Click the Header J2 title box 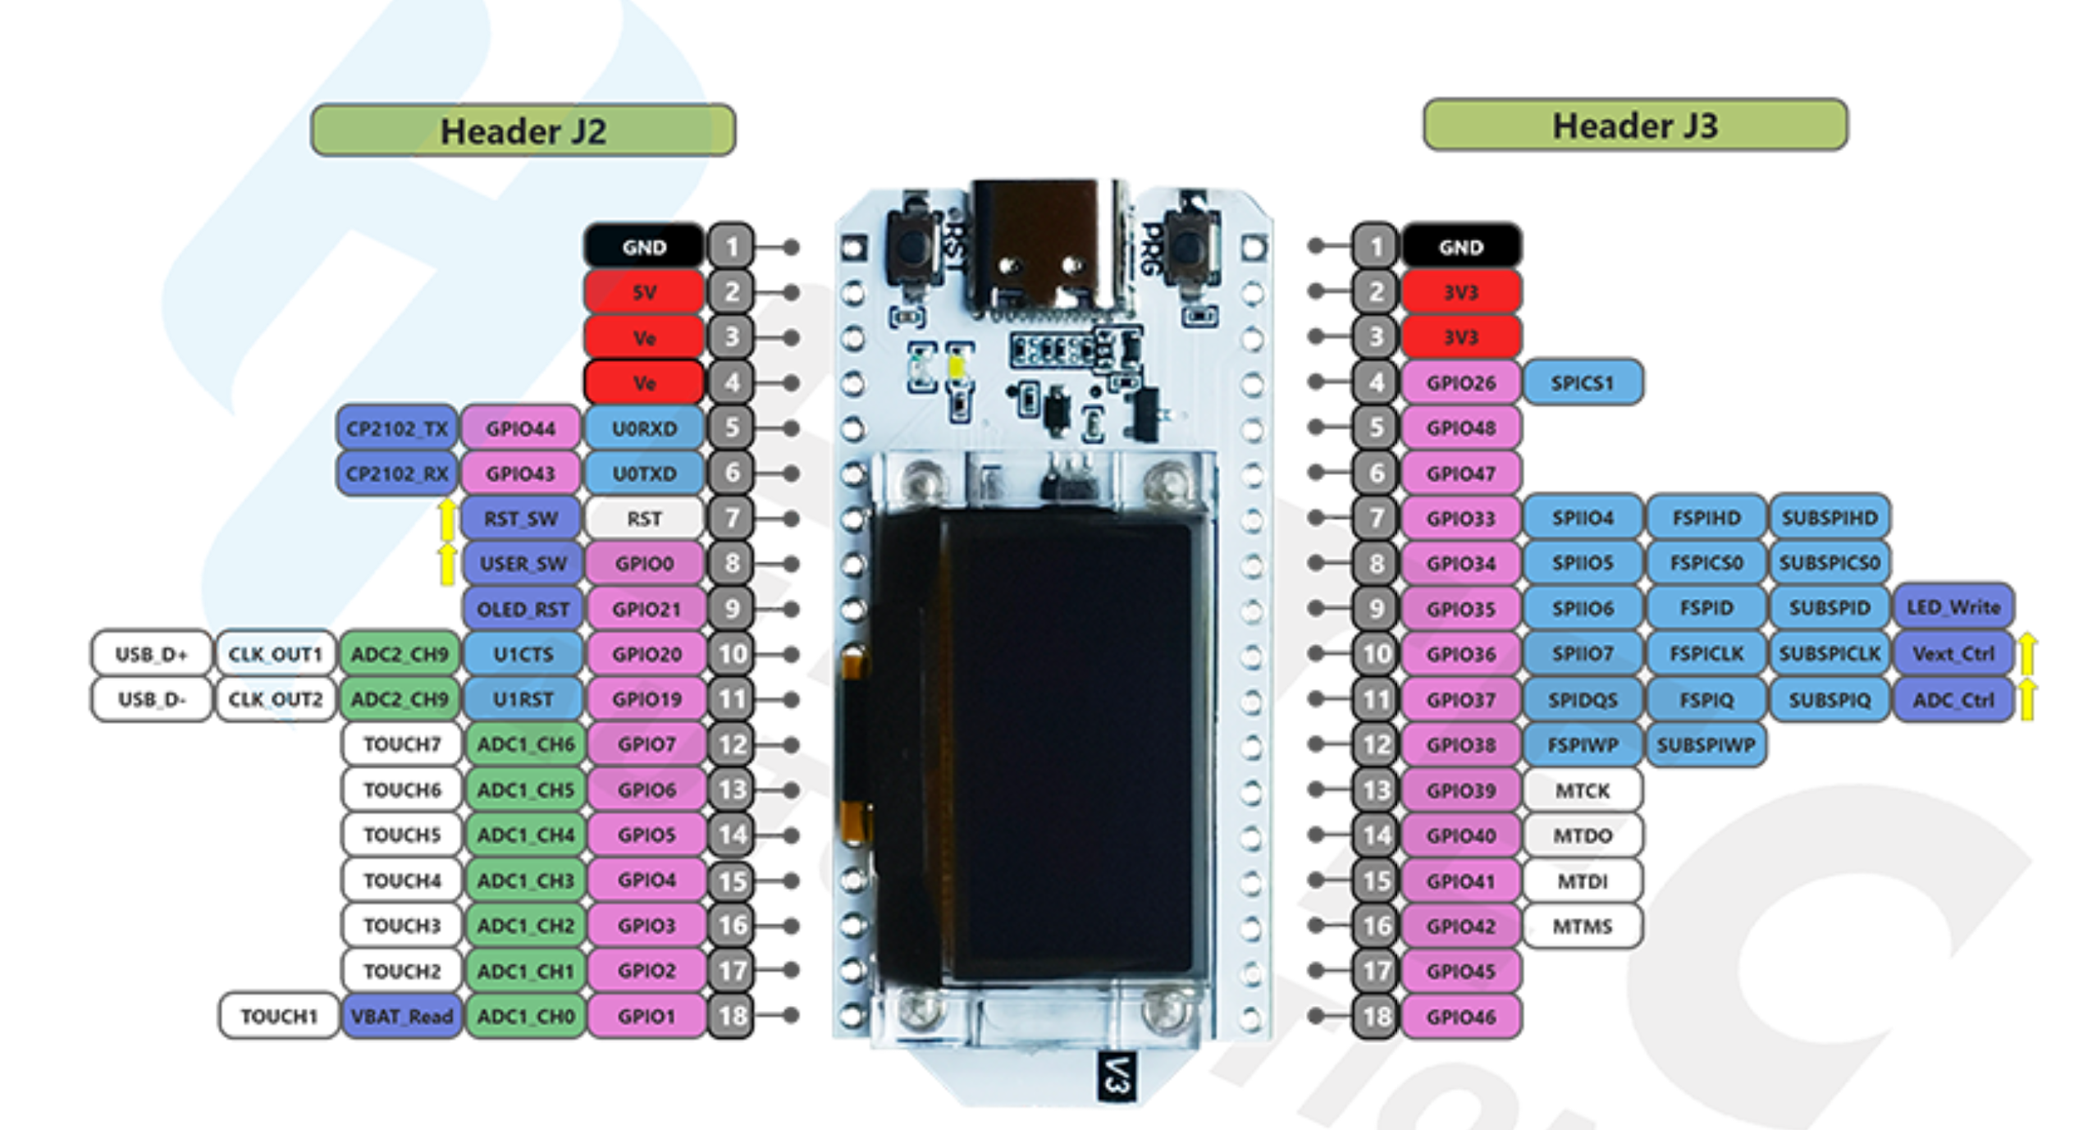coord(523,130)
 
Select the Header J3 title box coord(1634,126)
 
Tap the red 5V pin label coord(644,292)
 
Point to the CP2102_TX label coord(397,428)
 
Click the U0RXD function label coord(644,428)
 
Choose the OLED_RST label coord(523,609)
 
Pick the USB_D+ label coord(151,654)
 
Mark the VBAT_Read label coord(401,1016)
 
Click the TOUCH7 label coord(402,744)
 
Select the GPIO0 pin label coord(644,564)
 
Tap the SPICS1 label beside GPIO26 coord(1582,382)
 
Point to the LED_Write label coord(1953,607)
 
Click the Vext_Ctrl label coord(1953,654)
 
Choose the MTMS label coord(1582,926)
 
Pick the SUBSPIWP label coord(1705,745)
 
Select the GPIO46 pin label coord(1460,1017)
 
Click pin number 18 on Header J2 coord(731,1016)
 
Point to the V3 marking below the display coord(1116,1075)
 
